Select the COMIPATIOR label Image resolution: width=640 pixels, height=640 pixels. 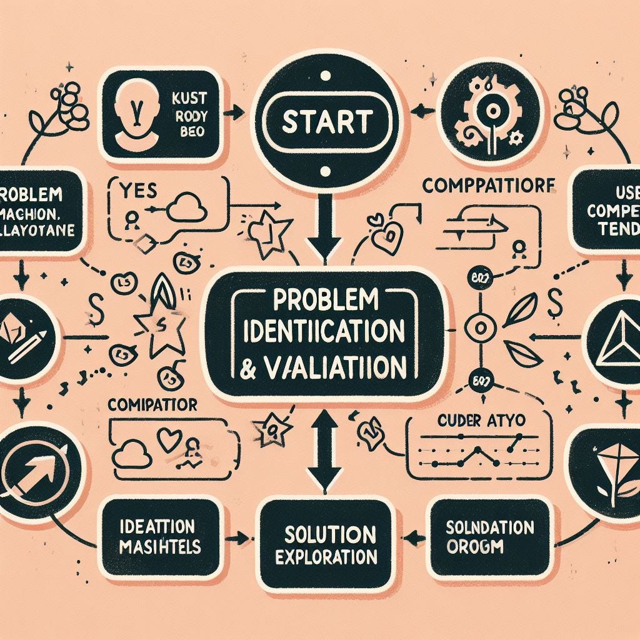152,405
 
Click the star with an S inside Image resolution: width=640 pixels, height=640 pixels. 160,322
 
